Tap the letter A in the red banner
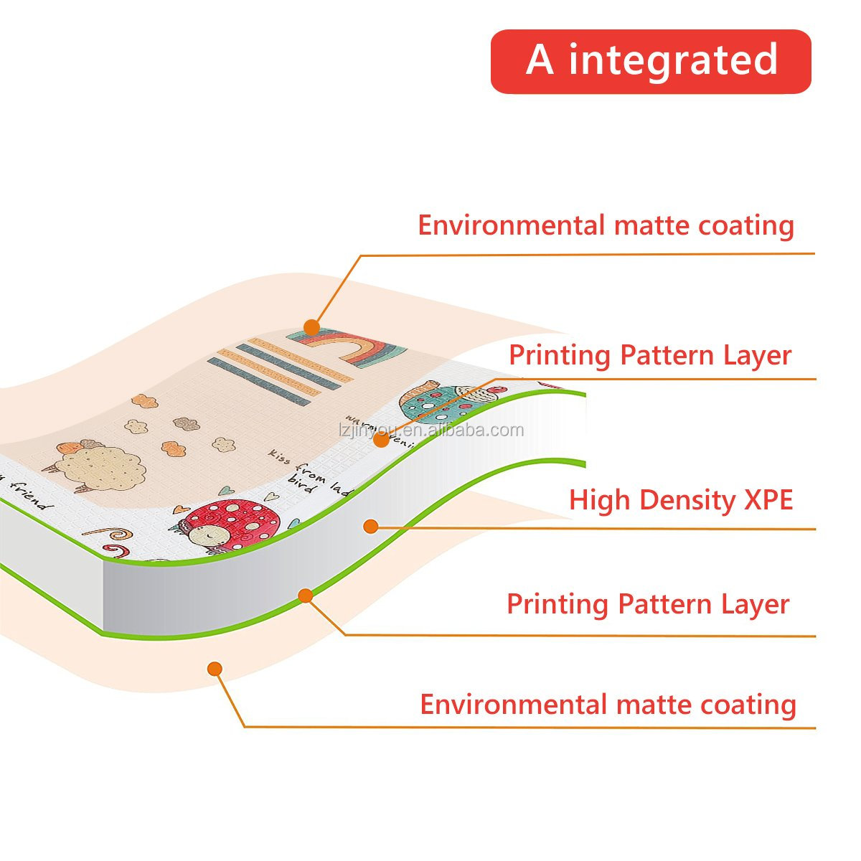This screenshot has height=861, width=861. [x=540, y=60]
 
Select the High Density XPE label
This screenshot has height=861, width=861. [x=680, y=500]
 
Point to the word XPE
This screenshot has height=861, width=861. [x=768, y=500]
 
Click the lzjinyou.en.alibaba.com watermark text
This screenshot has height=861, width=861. [x=430, y=430]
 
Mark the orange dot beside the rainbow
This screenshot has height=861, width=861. [x=311, y=328]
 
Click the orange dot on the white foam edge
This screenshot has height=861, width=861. [x=370, y=527]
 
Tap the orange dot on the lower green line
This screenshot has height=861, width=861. [x=306, y=596]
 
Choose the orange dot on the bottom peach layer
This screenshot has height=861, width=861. [x=215, y=669]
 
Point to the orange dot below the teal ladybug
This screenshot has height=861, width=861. [x=382, y=440]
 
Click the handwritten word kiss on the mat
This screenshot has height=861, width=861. [x=280, y=457]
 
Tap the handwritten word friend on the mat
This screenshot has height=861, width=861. [x=29, y=494]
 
